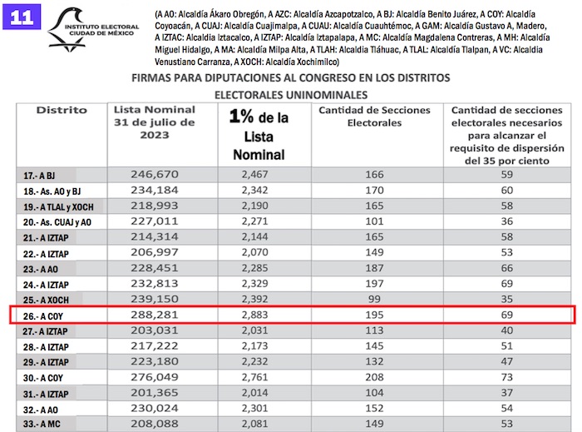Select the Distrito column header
pyautogui.click(x=62, y=110)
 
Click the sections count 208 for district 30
pyautogui.click(x=374, y=377)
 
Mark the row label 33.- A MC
pyautogui.click(x=43, y=425)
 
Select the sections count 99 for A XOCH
pyautogui.click(x=374, y=299)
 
